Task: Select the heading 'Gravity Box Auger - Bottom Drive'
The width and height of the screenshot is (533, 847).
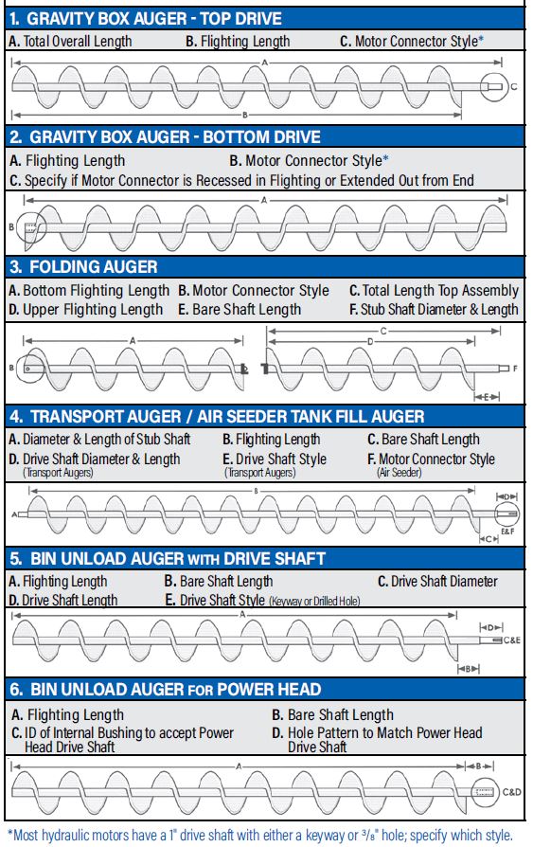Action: [164, 137]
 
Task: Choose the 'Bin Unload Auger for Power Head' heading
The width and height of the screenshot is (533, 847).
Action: [165, 689]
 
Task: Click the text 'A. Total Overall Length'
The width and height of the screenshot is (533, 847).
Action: [70, 42]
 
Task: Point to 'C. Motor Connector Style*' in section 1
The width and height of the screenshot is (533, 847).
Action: [411, 42]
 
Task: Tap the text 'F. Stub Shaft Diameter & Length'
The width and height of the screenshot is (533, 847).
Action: [434, 309]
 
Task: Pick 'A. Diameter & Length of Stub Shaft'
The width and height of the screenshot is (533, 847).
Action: [99, 440]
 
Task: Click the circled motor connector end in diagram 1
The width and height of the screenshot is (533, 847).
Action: [494, 87]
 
